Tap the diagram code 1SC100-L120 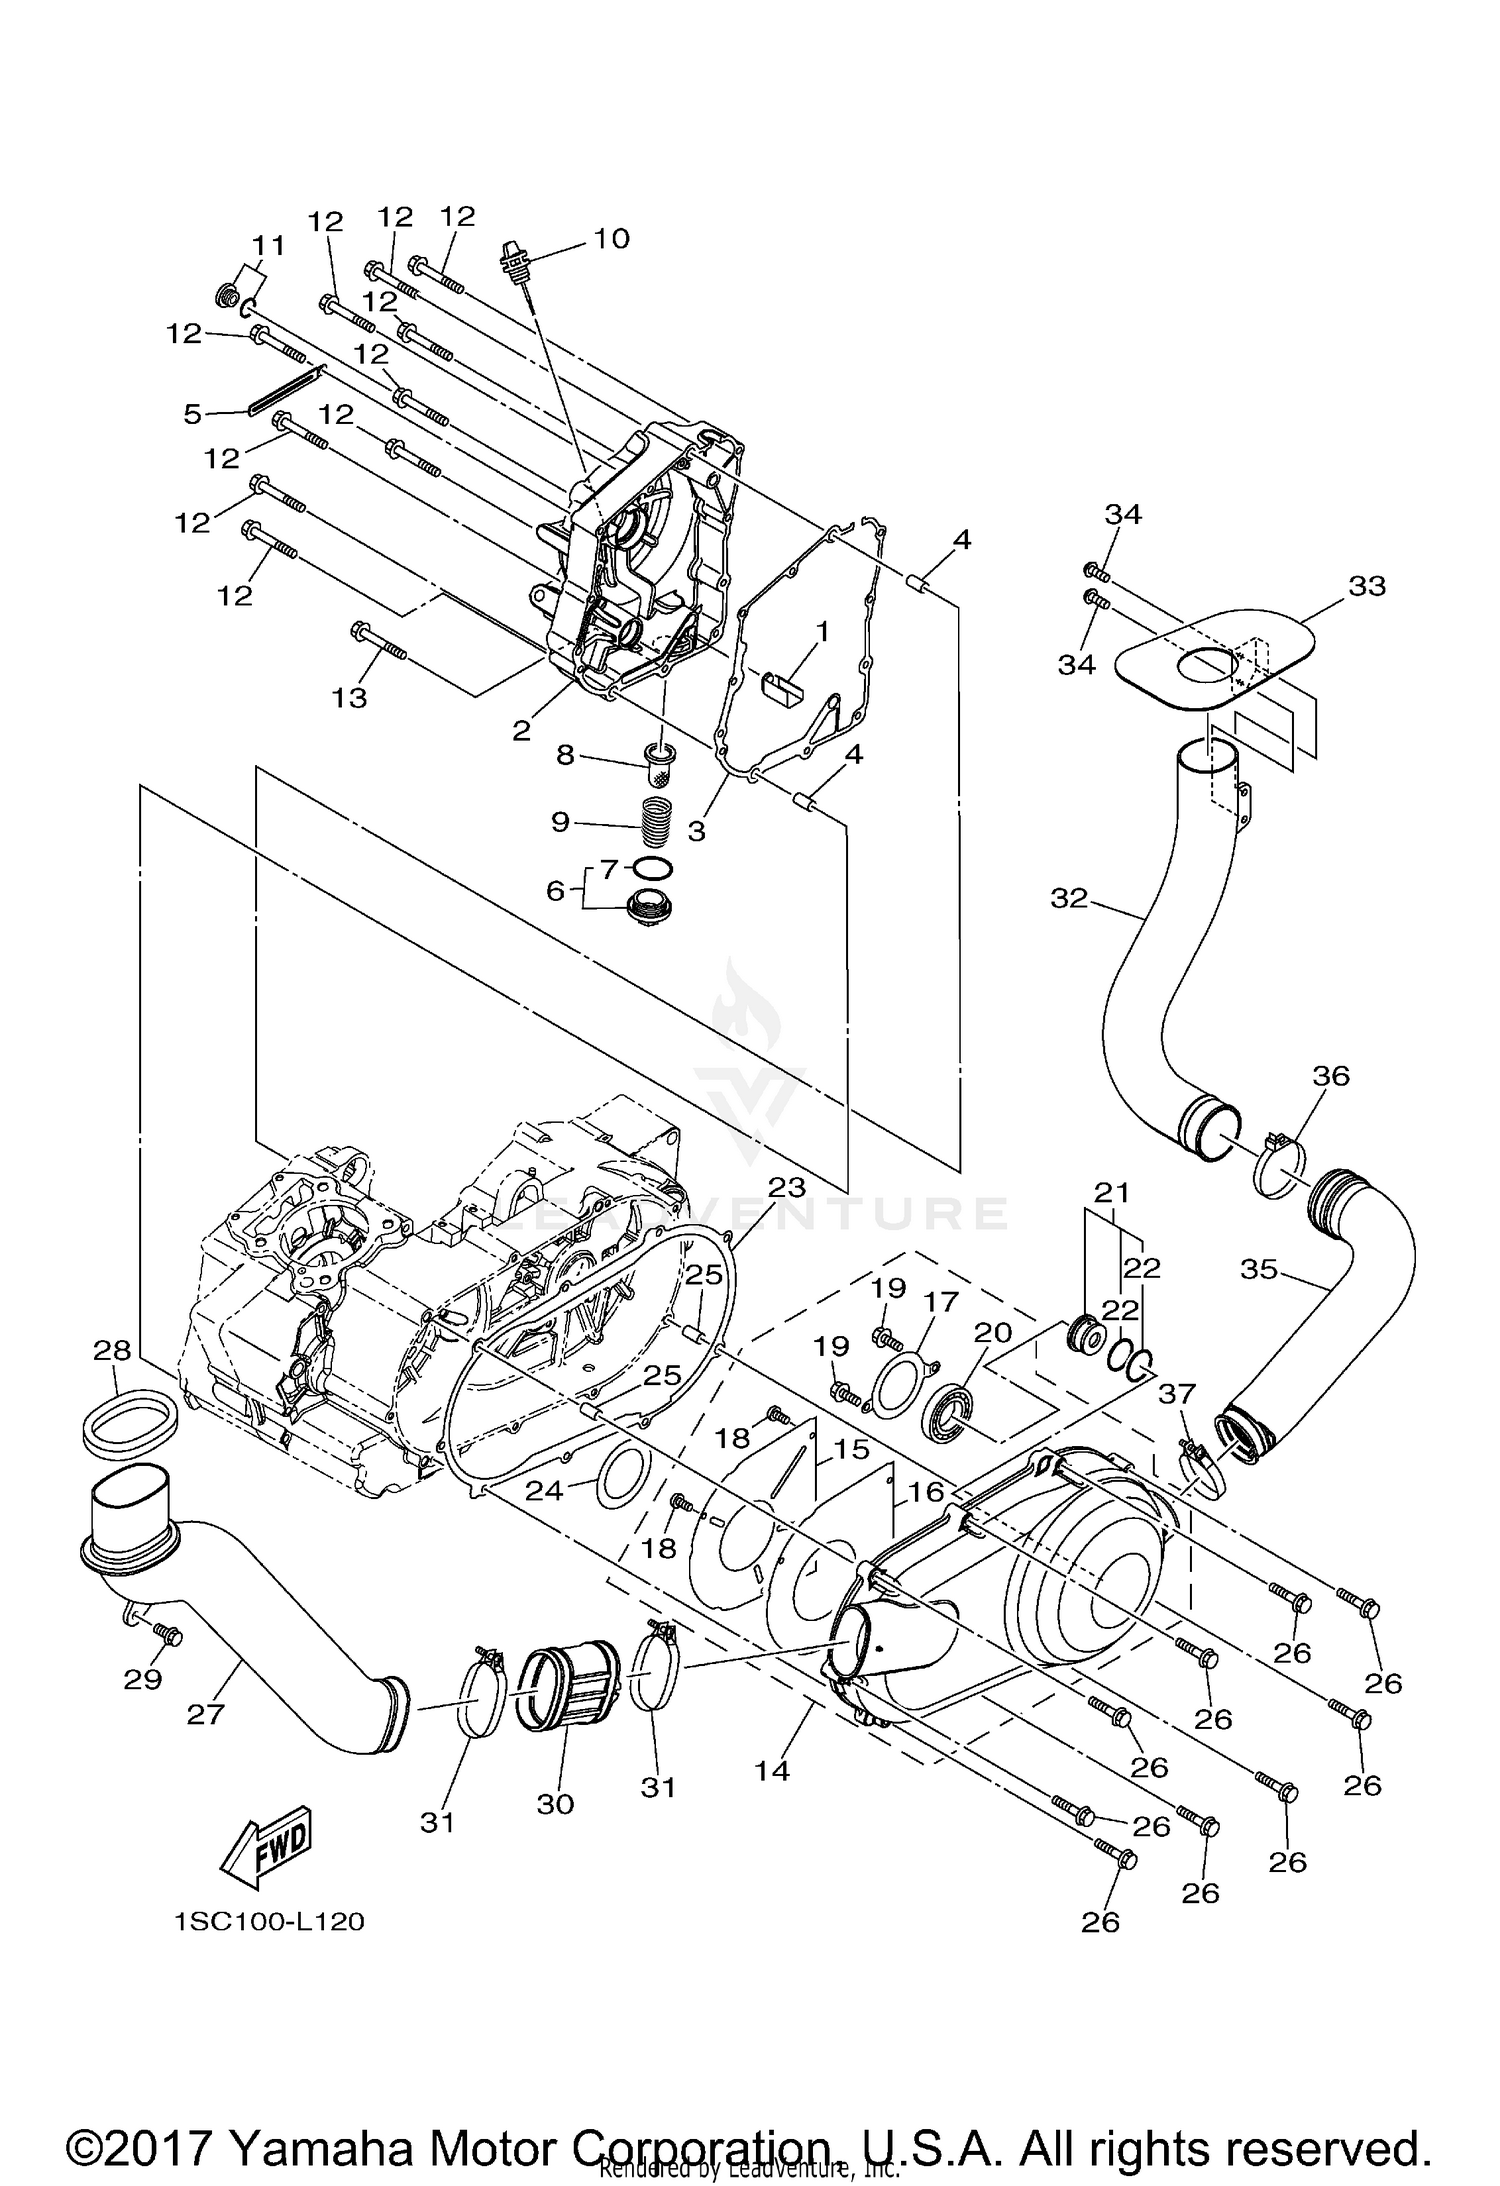[269, 1921]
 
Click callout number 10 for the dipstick [611, 238]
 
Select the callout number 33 [1366, 586]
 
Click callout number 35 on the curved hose [1259, 1269]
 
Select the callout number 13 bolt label [350, 697]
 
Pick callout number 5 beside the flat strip [193, 413]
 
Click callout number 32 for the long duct [1068, 898]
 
